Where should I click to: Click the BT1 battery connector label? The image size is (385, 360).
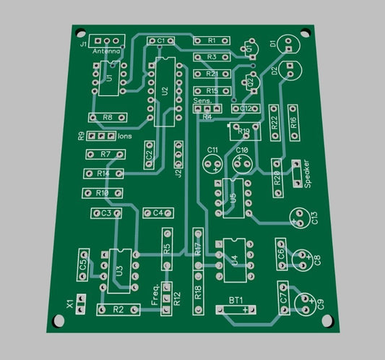click(235, 300)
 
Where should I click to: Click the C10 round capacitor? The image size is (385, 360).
click(243, 162)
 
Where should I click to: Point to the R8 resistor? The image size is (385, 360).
click(107, 117)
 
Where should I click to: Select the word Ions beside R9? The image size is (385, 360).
click(125, 136)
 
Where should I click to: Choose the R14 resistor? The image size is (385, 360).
click(103, 173)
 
